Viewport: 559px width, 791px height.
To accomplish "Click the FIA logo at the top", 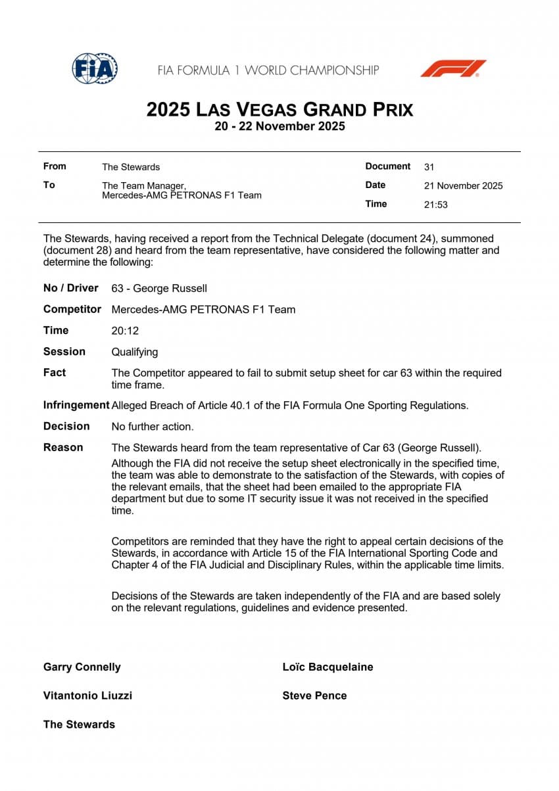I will click(95, 68).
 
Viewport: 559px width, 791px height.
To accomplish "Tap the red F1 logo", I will click(453, 68).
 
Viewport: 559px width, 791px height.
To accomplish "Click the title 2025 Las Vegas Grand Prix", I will click(279, 109).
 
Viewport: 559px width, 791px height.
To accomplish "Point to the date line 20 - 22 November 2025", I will click(279, 126).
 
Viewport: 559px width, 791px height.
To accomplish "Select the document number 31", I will click(429, 167).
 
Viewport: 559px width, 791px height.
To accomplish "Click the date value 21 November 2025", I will click(463, 186).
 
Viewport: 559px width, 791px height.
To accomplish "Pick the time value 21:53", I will click(436, 204).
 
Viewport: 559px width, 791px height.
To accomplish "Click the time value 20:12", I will click(125, 331).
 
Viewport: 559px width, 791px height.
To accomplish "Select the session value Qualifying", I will click(135, 352).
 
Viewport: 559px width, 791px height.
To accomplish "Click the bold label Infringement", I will click(76, 405).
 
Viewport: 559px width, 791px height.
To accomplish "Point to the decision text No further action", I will click(153, 427).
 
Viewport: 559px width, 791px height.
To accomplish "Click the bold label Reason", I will click(63, 448).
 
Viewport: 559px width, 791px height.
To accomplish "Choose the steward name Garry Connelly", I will click(82, 667).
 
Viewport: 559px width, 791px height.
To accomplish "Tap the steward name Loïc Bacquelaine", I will click(328, 667).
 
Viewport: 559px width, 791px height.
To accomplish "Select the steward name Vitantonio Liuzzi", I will click(87, 696).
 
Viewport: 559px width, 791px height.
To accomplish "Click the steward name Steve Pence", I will click(314, 696).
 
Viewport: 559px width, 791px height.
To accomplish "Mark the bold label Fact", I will click(55, 373).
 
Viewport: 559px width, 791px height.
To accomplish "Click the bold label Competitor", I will click(72, 310).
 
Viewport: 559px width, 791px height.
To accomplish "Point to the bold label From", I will click(55, 166).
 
